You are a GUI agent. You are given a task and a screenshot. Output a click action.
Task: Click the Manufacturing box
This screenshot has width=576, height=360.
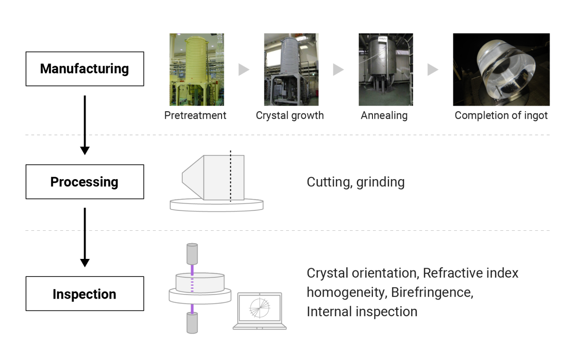[85, 69]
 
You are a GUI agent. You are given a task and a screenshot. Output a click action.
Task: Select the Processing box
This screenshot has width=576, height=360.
[85, 182]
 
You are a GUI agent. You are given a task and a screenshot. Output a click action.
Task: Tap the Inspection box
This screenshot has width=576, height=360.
[85, 294]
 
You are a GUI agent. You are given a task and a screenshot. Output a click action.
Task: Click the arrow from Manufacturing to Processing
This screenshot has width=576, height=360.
[85, 125]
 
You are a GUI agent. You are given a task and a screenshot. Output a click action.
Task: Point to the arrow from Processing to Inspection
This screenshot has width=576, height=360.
[85, 237]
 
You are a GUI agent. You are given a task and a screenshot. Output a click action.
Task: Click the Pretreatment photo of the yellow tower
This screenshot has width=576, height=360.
[197, 69]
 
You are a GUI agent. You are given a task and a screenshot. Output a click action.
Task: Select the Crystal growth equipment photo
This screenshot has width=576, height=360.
[291, 69]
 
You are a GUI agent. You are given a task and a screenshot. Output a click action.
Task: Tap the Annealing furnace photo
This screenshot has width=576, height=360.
[386, 69]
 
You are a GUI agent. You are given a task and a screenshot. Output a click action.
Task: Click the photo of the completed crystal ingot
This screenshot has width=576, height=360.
[501, 69]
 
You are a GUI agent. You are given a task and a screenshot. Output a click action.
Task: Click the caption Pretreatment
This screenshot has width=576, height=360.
[195, 115]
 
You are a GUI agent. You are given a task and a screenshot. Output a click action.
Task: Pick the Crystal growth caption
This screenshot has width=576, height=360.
[290, 116]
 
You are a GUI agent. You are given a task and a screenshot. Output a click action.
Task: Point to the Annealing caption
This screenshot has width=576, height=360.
[384, 116]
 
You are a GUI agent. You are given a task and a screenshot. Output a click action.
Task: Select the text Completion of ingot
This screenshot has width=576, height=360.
[501, 116]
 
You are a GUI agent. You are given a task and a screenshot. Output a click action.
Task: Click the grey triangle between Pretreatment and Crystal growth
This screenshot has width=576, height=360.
[244, 69]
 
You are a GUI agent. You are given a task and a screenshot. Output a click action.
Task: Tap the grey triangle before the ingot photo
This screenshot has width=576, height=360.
[433, 69]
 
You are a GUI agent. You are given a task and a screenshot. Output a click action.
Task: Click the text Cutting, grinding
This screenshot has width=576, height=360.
[356, 182]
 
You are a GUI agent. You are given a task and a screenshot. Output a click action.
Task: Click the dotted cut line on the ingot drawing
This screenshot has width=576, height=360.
[231, 176]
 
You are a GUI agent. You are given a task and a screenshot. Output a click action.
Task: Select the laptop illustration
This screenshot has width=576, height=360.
[260, 311]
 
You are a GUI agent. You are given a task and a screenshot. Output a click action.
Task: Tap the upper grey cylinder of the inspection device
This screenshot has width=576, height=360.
[192, 254]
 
